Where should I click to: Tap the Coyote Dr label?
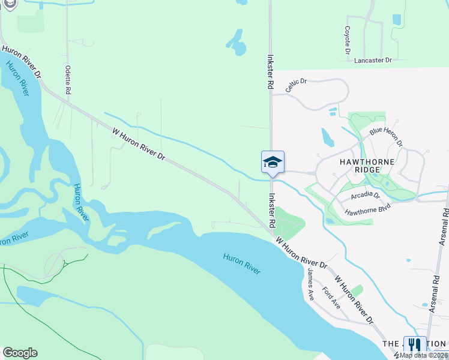tap(348, 40)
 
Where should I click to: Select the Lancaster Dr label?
tap(373, 61)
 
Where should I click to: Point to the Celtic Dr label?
tap(296, 85)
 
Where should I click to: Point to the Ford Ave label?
tap(331, 297)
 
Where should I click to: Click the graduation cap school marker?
tap(273, 162)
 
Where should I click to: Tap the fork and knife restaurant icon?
tap(414, 345)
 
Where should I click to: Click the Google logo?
tap(20, 353)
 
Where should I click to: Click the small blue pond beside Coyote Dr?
tap(396, 19)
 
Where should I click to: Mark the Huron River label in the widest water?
tap(242, 264)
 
